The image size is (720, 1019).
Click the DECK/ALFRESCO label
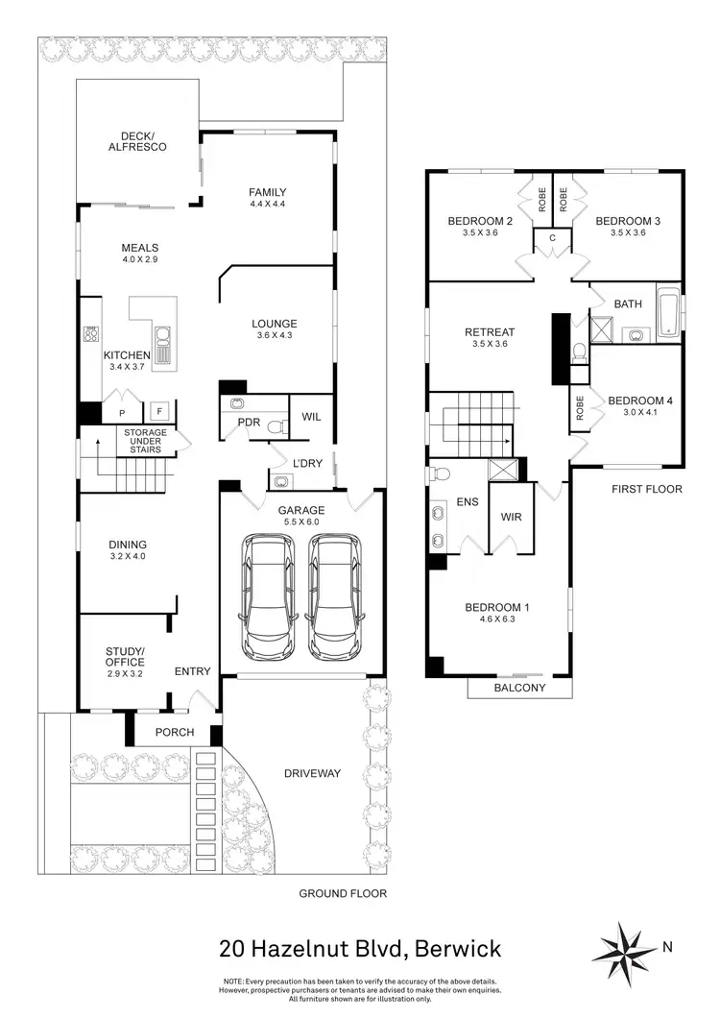pyautogui.click(x=137, y=141)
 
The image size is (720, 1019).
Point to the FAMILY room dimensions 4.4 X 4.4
pyautogui.click(x=268, y=205)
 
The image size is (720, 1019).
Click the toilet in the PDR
pyautogui.click(x=276, y=426)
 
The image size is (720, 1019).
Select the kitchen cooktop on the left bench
pyautogui.click(x=92, y=335)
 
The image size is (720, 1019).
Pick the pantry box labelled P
pyautogui.click(x=121, y=413)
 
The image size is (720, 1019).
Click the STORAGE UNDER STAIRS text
pyautogui.click(x=144, y=440)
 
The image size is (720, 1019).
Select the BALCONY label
pyautogui.click(x=519, y=688)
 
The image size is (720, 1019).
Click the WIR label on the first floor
pyautogui.click(x=510, y=517)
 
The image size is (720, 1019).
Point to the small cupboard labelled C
pyautogui.click(x=552, y=238)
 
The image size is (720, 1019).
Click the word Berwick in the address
pyautogui.click(x=447, y=950)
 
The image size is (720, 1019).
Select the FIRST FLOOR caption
pyautogui.click(x=647, y=489)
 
